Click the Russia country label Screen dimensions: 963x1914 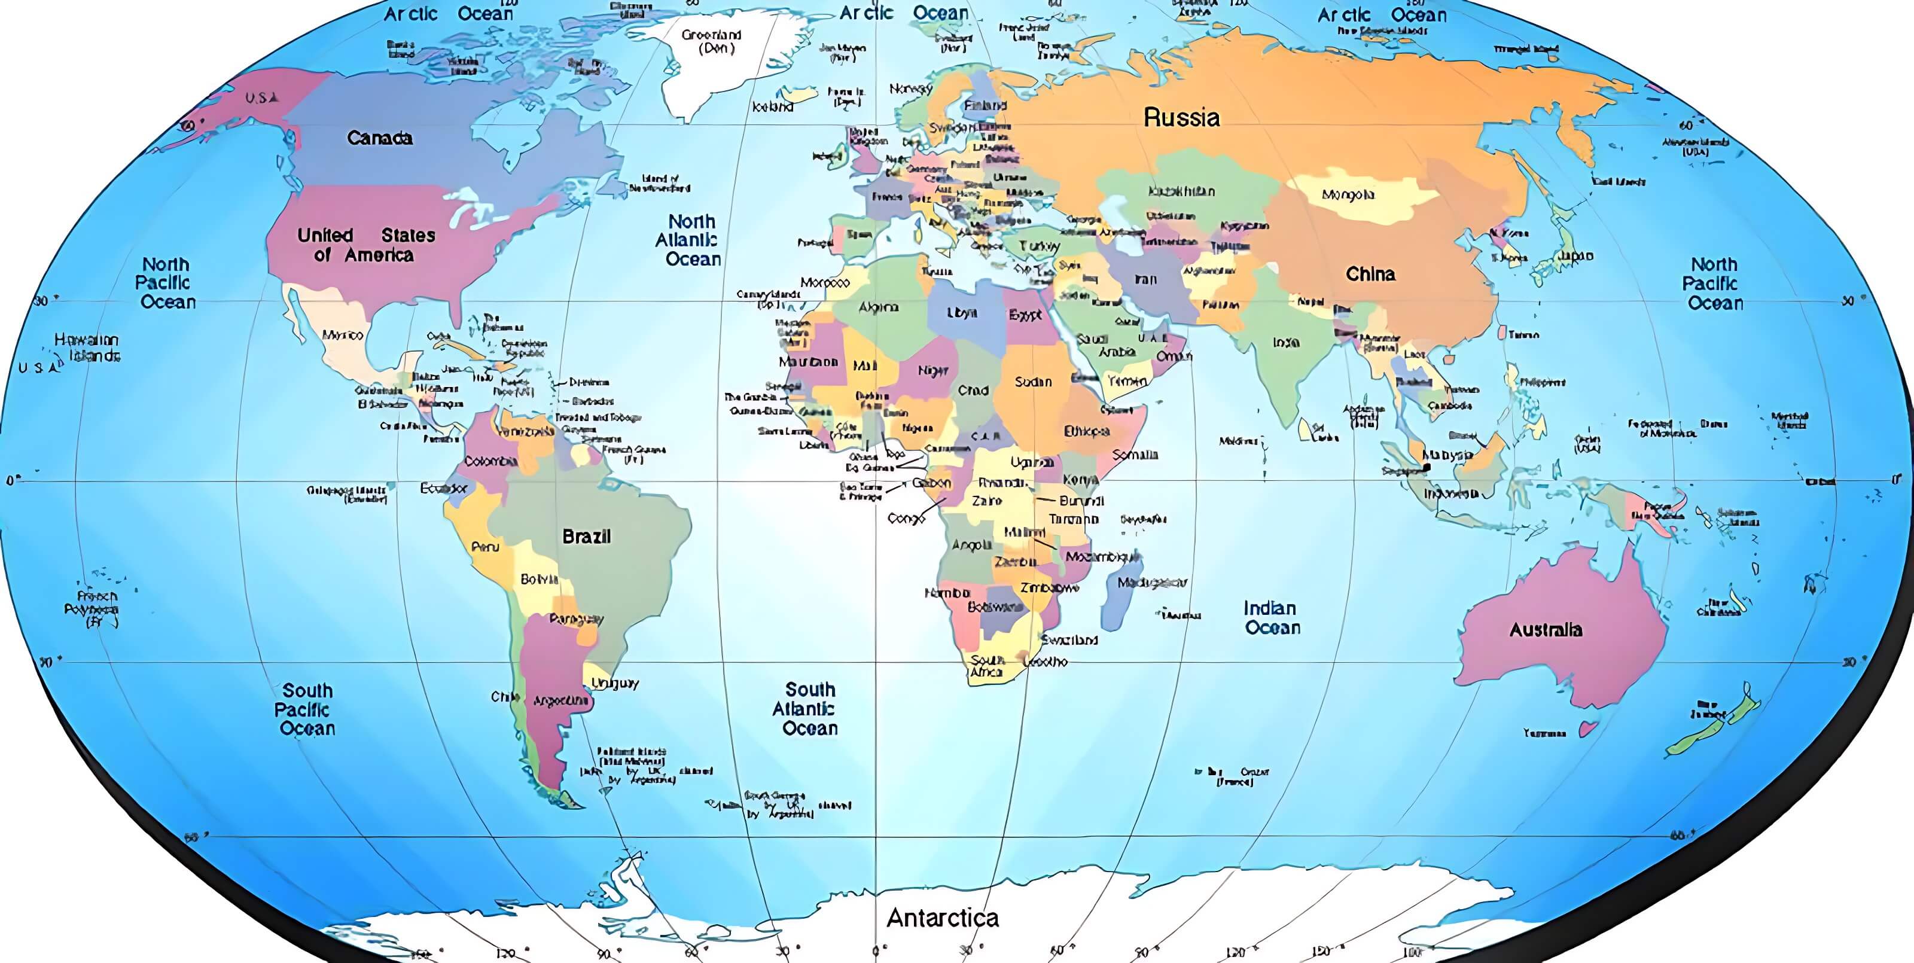(1181, 117)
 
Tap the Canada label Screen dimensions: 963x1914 (379, 138)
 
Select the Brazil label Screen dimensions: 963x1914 (586, 537)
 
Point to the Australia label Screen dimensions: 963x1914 (1546, 630)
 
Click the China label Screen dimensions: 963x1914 (1370, 274)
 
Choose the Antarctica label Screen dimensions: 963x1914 (942, 918)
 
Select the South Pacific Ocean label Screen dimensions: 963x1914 (306, 709)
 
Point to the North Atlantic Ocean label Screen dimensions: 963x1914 (689, 240)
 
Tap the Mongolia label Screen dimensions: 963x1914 (1348, 194)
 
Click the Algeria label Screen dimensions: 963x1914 (878, 307)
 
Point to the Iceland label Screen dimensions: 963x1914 (772, 107)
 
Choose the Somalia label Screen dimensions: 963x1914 (1135, 455)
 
